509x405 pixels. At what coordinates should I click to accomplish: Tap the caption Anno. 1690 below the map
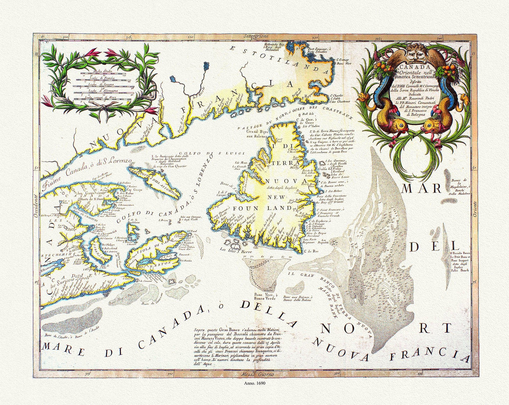coord(254,382)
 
